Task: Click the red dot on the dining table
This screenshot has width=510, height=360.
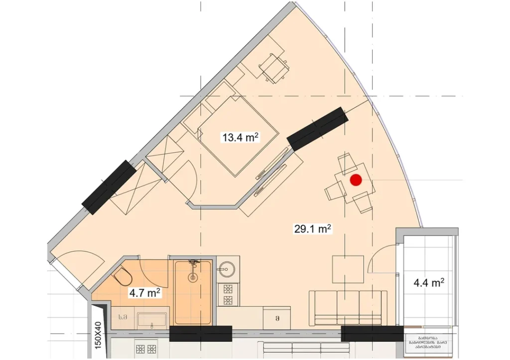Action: click(x=356, y=181)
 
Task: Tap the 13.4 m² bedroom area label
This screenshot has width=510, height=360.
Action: click(x=242, y=137)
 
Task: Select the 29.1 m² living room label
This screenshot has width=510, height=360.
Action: click(x=312, y=229)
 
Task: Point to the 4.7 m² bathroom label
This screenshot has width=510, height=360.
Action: click(x=144, y=293)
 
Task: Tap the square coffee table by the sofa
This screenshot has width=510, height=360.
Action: click(x=348, y=269)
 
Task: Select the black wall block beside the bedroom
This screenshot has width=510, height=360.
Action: click(x=317, y=128)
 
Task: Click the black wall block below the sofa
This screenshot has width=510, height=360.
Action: click(x=373, y=334)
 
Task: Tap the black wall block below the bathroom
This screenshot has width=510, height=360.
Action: click(x=201, y=334)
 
